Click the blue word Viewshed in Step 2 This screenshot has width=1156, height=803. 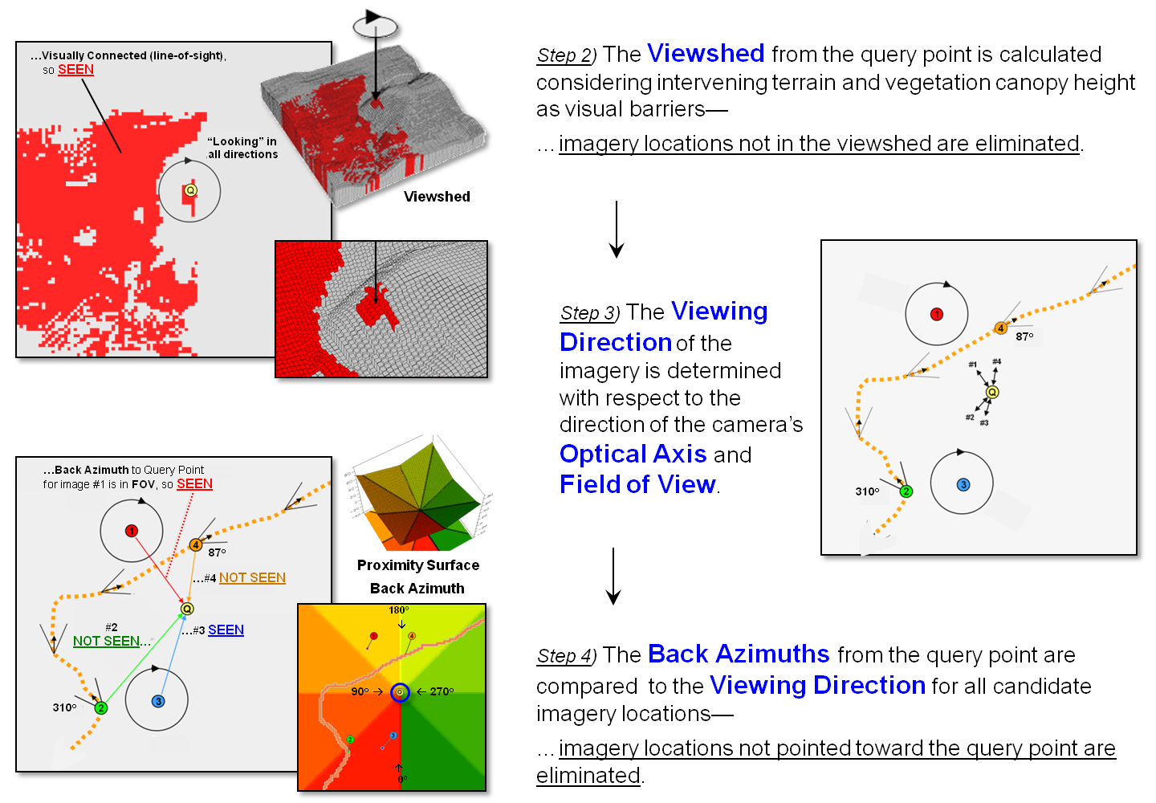[706, 54]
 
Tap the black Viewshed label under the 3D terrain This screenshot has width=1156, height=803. [437, 197]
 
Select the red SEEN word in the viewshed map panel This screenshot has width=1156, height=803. [75, 70]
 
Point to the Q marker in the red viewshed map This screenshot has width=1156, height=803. [190, 190]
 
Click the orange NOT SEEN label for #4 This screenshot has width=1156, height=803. [252, 578]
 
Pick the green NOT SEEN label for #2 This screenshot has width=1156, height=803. [107, 641]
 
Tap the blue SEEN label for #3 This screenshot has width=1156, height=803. [226, 630]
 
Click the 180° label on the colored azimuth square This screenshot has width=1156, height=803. [398, 610]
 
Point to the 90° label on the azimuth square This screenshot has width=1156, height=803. [360, 691]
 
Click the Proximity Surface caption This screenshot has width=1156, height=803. [418, 565]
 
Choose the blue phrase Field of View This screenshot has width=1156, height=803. [637, 484]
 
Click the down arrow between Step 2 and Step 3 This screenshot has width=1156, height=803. [616, 229]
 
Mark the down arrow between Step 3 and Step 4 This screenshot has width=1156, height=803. [613, 576]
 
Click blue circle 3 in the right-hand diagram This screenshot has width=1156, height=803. [963, 485]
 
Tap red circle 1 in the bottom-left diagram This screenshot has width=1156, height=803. [132, 531]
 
